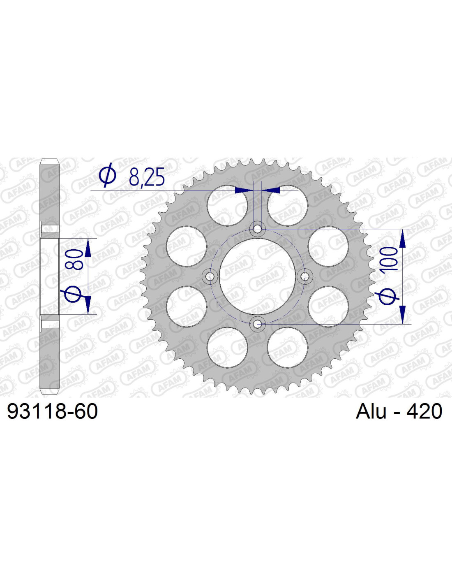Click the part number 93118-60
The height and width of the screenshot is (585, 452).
53,411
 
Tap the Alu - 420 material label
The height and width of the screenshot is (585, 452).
399,411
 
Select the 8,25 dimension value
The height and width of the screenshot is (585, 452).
147,178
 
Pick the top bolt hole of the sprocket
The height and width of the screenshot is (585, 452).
258,229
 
